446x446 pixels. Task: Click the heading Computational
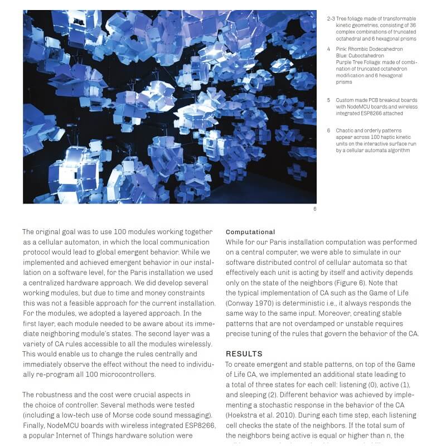pyautogui.click(x=250, y=232)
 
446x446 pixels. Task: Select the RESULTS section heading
pyautogui.click(x=244, y=354)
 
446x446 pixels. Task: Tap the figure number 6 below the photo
pyautogui.click(x=314, y=209)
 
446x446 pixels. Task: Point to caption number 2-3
pyautogui.click(x=331, y=19)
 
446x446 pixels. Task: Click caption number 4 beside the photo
pyautogui.click(x=328, y=49)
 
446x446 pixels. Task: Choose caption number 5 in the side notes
pyautogui.click(x=328, y=100)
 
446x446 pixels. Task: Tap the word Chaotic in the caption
pyautogui.click(x=346, y=130)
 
